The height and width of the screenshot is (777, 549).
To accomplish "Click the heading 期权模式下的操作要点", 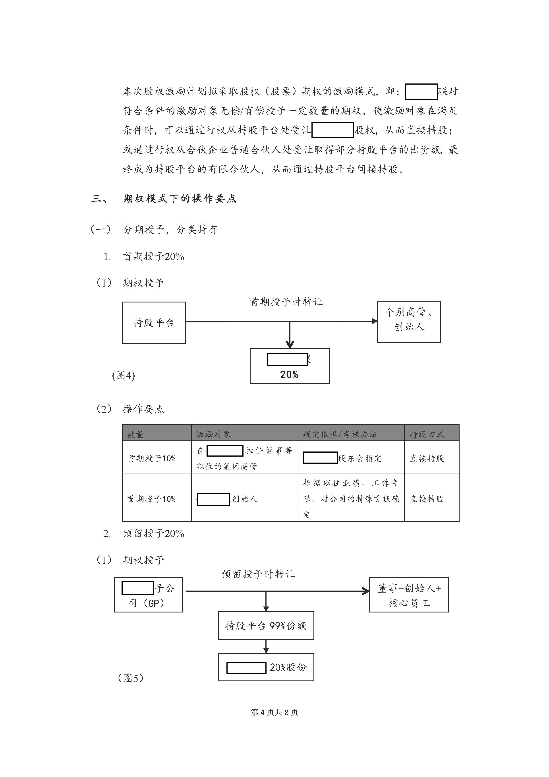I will [179, 198].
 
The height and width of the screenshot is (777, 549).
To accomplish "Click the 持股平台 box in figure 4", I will [154, 322].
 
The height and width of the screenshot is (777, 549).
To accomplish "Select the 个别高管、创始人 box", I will [409, 322].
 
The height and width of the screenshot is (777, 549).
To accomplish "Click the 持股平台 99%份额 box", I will [266, 626].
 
